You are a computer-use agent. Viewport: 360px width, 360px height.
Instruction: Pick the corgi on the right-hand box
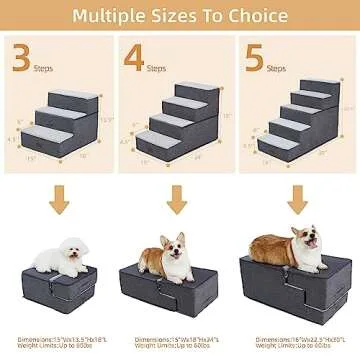point(286,247)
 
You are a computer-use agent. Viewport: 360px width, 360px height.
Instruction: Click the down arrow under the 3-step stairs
point(61,200)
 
